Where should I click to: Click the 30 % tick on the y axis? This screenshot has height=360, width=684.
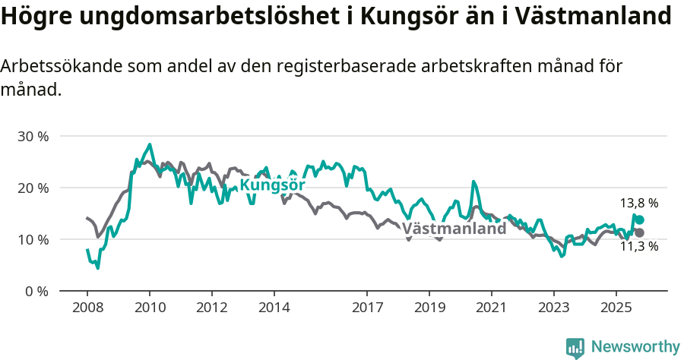coord(33,137)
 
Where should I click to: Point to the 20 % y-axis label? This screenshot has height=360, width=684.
coord(33,188)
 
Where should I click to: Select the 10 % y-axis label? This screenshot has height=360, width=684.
coord(33,239)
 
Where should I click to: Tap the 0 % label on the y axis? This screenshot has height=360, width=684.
coord(36,291)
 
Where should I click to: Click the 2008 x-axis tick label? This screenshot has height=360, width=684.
coord(87,310)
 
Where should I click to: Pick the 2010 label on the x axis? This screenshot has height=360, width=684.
coord(150,310)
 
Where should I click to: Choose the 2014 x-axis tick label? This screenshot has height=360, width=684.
coord(274,310)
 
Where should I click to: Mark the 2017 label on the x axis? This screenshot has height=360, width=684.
coord(367,310)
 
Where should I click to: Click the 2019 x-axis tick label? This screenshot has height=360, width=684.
coord(429,310)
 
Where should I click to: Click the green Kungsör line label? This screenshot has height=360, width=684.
coord(272,185)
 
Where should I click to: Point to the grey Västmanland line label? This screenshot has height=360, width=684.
coord(454,229)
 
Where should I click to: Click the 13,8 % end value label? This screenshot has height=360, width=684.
coord(639,204)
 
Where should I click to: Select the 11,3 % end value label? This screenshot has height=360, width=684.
coord(639,246)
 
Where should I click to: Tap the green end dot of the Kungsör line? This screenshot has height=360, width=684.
coord(639,219)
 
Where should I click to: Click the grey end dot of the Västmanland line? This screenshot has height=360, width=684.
coord(639,232)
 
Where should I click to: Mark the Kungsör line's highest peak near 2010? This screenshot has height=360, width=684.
coord(150,144)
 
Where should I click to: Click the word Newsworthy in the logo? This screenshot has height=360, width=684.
coord(635,346)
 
